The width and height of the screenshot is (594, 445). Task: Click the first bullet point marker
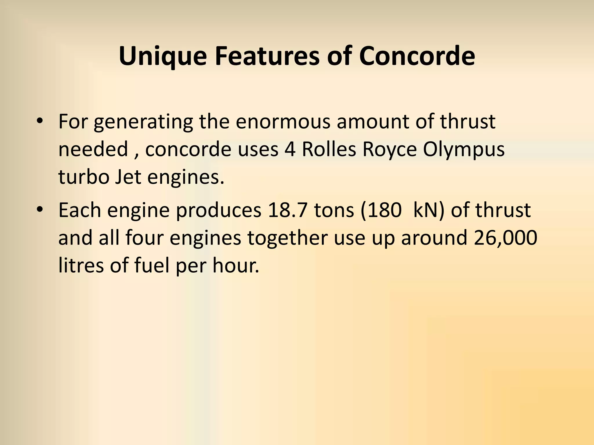(x=40, y=121)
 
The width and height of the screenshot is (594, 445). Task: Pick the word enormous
(x=283, y=122)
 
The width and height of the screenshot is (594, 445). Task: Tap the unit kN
(x=425, y=210)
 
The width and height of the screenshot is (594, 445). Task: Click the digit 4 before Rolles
(x=290, y=150)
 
